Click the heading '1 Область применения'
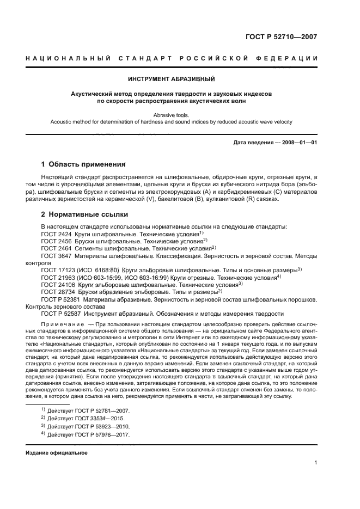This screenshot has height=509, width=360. pos(84,164)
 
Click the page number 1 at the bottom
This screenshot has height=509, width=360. pos(316,463)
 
